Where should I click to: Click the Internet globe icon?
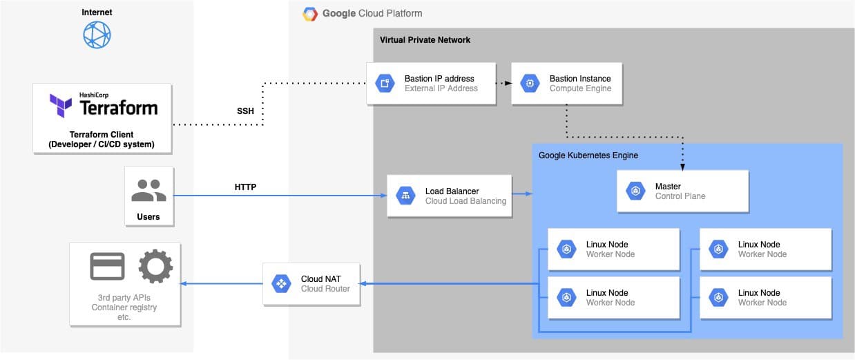(x=97, y=35)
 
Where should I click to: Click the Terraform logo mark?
(x=61, y=106)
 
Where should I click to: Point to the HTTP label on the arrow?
(x=245, y=187)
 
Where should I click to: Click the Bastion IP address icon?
(x=385, y=84)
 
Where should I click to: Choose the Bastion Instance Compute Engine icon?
(x=530, y=84)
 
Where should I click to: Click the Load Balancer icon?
(x=405, y=196)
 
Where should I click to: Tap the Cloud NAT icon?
(x=281, y=284)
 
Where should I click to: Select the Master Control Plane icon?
(x=635, y=191)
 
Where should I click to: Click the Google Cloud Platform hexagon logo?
(x=311, y=14)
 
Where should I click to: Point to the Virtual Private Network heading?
(x=425, y=40)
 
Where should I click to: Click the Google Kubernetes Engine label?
(x=588, y=155)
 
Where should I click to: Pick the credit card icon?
(x=108, y=267)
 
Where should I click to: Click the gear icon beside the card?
(x=155, y=267)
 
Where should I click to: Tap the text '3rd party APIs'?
(x=125, y=298)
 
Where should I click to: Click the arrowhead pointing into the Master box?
(x=683, y=167)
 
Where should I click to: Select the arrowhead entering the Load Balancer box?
(x=383, y=196)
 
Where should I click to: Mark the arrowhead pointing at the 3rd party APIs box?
(x=184, y=284)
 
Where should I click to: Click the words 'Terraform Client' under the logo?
(x=102, y=134)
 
